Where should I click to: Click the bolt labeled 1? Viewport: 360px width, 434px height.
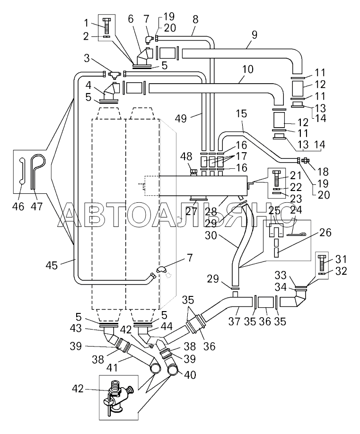pos(106,26)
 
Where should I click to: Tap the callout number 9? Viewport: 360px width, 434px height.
pos(255,35)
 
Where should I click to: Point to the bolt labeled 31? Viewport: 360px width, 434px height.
pos(322,262)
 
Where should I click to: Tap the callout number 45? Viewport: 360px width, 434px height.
pos(52,265)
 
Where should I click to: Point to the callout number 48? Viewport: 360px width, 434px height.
pos(186,156)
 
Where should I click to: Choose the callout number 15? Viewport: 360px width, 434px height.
pos(241,114)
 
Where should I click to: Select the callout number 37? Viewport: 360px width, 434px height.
pos(235,321)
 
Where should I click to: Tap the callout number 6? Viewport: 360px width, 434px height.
pos(131,19)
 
